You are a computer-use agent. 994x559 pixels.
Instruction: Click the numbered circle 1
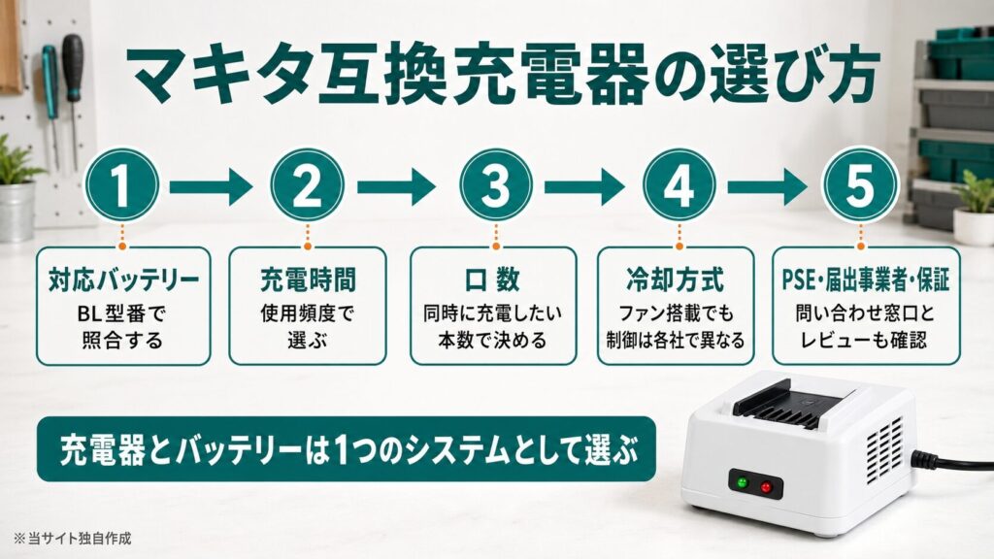(121, 185)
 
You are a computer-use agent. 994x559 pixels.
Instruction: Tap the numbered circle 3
(496, 185)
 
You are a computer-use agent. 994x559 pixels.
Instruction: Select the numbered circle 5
(860, 185)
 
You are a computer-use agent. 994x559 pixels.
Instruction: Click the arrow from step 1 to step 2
(211, 186)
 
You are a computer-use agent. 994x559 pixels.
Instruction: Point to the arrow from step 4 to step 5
(767, 186)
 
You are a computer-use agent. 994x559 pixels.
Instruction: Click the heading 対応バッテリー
(123, 280)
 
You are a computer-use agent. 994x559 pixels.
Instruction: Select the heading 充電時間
(308, 280)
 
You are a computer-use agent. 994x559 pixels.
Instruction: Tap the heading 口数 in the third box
(493, 280)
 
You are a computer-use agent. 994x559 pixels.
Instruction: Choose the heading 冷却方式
(676, 280)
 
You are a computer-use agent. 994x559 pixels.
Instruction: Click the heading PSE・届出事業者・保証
(866, 280)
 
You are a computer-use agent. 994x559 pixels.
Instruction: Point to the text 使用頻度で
(308, 313)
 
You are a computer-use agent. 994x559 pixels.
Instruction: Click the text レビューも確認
(864, 341)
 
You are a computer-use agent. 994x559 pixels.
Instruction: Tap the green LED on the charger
(742, 484)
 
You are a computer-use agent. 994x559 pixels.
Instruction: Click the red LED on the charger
(767, 487)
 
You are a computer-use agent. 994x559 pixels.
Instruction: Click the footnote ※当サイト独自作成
(72, 539)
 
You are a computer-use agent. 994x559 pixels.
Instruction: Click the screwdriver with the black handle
(74, 101)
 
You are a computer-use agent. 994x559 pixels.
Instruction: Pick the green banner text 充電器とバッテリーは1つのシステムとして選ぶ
(348, 450)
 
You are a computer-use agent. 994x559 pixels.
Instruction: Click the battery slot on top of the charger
(796, 406)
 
